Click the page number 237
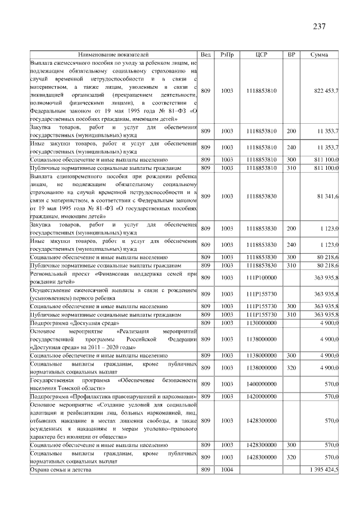click(319, 26)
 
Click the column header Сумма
click(319, 55)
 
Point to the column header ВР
click(291, 55)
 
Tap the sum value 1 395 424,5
click(321, 469)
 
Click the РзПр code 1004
click(227, 469)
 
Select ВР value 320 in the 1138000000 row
click(291, 368)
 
